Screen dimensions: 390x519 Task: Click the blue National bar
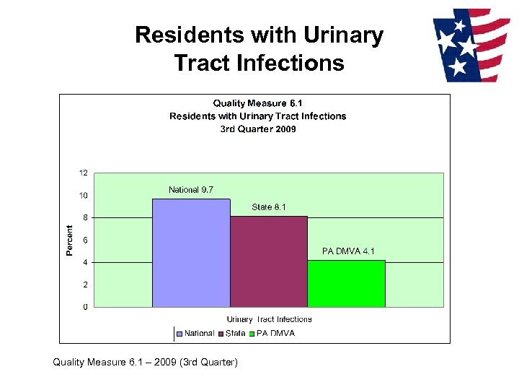tap(191, 253)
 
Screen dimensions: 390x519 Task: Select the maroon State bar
tap(269, 261)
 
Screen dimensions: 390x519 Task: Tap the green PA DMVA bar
tap(347, 284)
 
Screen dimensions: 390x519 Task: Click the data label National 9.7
tap(191, 190)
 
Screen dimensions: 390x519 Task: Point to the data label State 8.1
tap(269, 207)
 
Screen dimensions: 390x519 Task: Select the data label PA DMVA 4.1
tap(348, 251)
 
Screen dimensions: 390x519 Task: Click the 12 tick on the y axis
tap(84, 173)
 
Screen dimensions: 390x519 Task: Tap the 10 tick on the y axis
tap(84, 196)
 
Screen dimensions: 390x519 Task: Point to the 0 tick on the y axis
tap(86, 307)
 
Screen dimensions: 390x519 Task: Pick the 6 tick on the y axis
tap(86, 240)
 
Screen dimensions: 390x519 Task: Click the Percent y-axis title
tap(70, 240)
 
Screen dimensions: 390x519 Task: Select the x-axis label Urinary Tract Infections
tap(270, 319)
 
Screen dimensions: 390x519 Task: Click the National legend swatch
tap(179, 334)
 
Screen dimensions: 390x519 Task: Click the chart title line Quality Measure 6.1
tap(258, 103)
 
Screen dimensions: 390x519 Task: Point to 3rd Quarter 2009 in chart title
tap(258, 129)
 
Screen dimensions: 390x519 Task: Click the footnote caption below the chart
tap(145, 362)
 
